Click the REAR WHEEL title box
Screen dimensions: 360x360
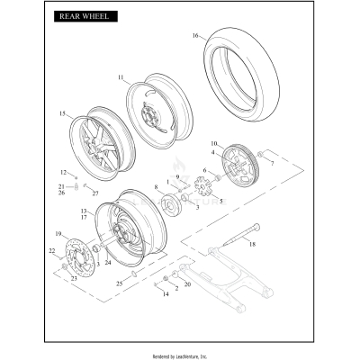(x=83, y=16)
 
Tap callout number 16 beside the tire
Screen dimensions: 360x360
(x=194, y=36)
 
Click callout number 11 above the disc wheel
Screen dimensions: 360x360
(x=121, y=78)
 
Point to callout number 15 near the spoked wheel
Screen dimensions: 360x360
(x=62, y=114)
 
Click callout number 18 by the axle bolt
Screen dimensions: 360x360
(x=252, y=244)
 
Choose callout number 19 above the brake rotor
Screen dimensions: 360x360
(x=60, y=234)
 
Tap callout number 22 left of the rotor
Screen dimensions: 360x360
(x=51, y=252)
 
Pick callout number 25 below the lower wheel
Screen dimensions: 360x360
(x=119, y=283)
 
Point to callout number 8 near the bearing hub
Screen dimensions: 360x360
(x=156, y=186)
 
